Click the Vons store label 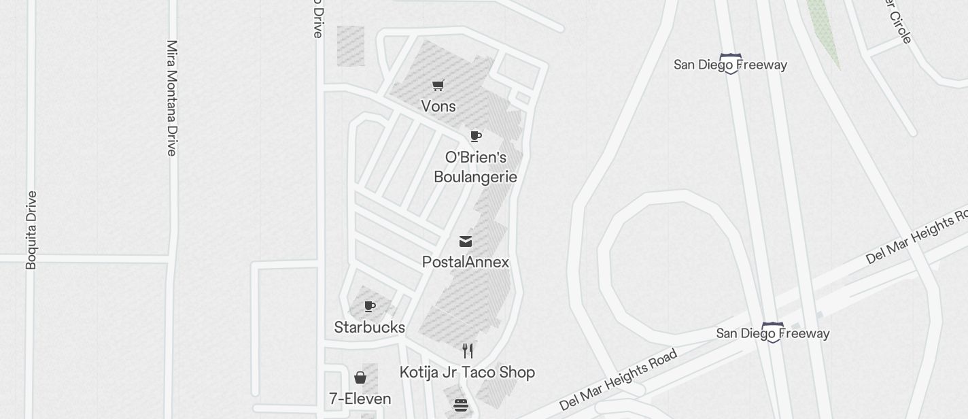pyautogui.click(x=438, y=107)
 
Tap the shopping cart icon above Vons pyautogui.click(x=438, y=86)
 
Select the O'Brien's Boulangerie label pyautogui.click(x=476, y=167)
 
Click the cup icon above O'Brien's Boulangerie pyautogui.click(x=476, y=136)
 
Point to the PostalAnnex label pyautogui.click(x=466, y=263)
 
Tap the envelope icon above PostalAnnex pyautogui.click(x=466, y=241)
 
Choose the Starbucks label pyautogui.click(x=370, y=328)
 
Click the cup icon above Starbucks pyautogui.click(x=370, y=307)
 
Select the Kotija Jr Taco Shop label pyautogui.click(x=467, y=373)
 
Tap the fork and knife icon pyautogui.click(x=468, y=351)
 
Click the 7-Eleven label pyautogui.click(x=360, y=399)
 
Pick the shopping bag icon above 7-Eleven pyautogui.click(x=360, y=378)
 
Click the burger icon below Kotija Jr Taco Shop pyautogui.click(x=461, y=406)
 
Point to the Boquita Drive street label pyautogui.click(x=31, y=230)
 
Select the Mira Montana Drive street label pyautogui.click(x=171, y=98)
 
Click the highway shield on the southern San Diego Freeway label pyautogui.click(x=773, y=333)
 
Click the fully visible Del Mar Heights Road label pyautogui.click(x=619, y=380)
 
